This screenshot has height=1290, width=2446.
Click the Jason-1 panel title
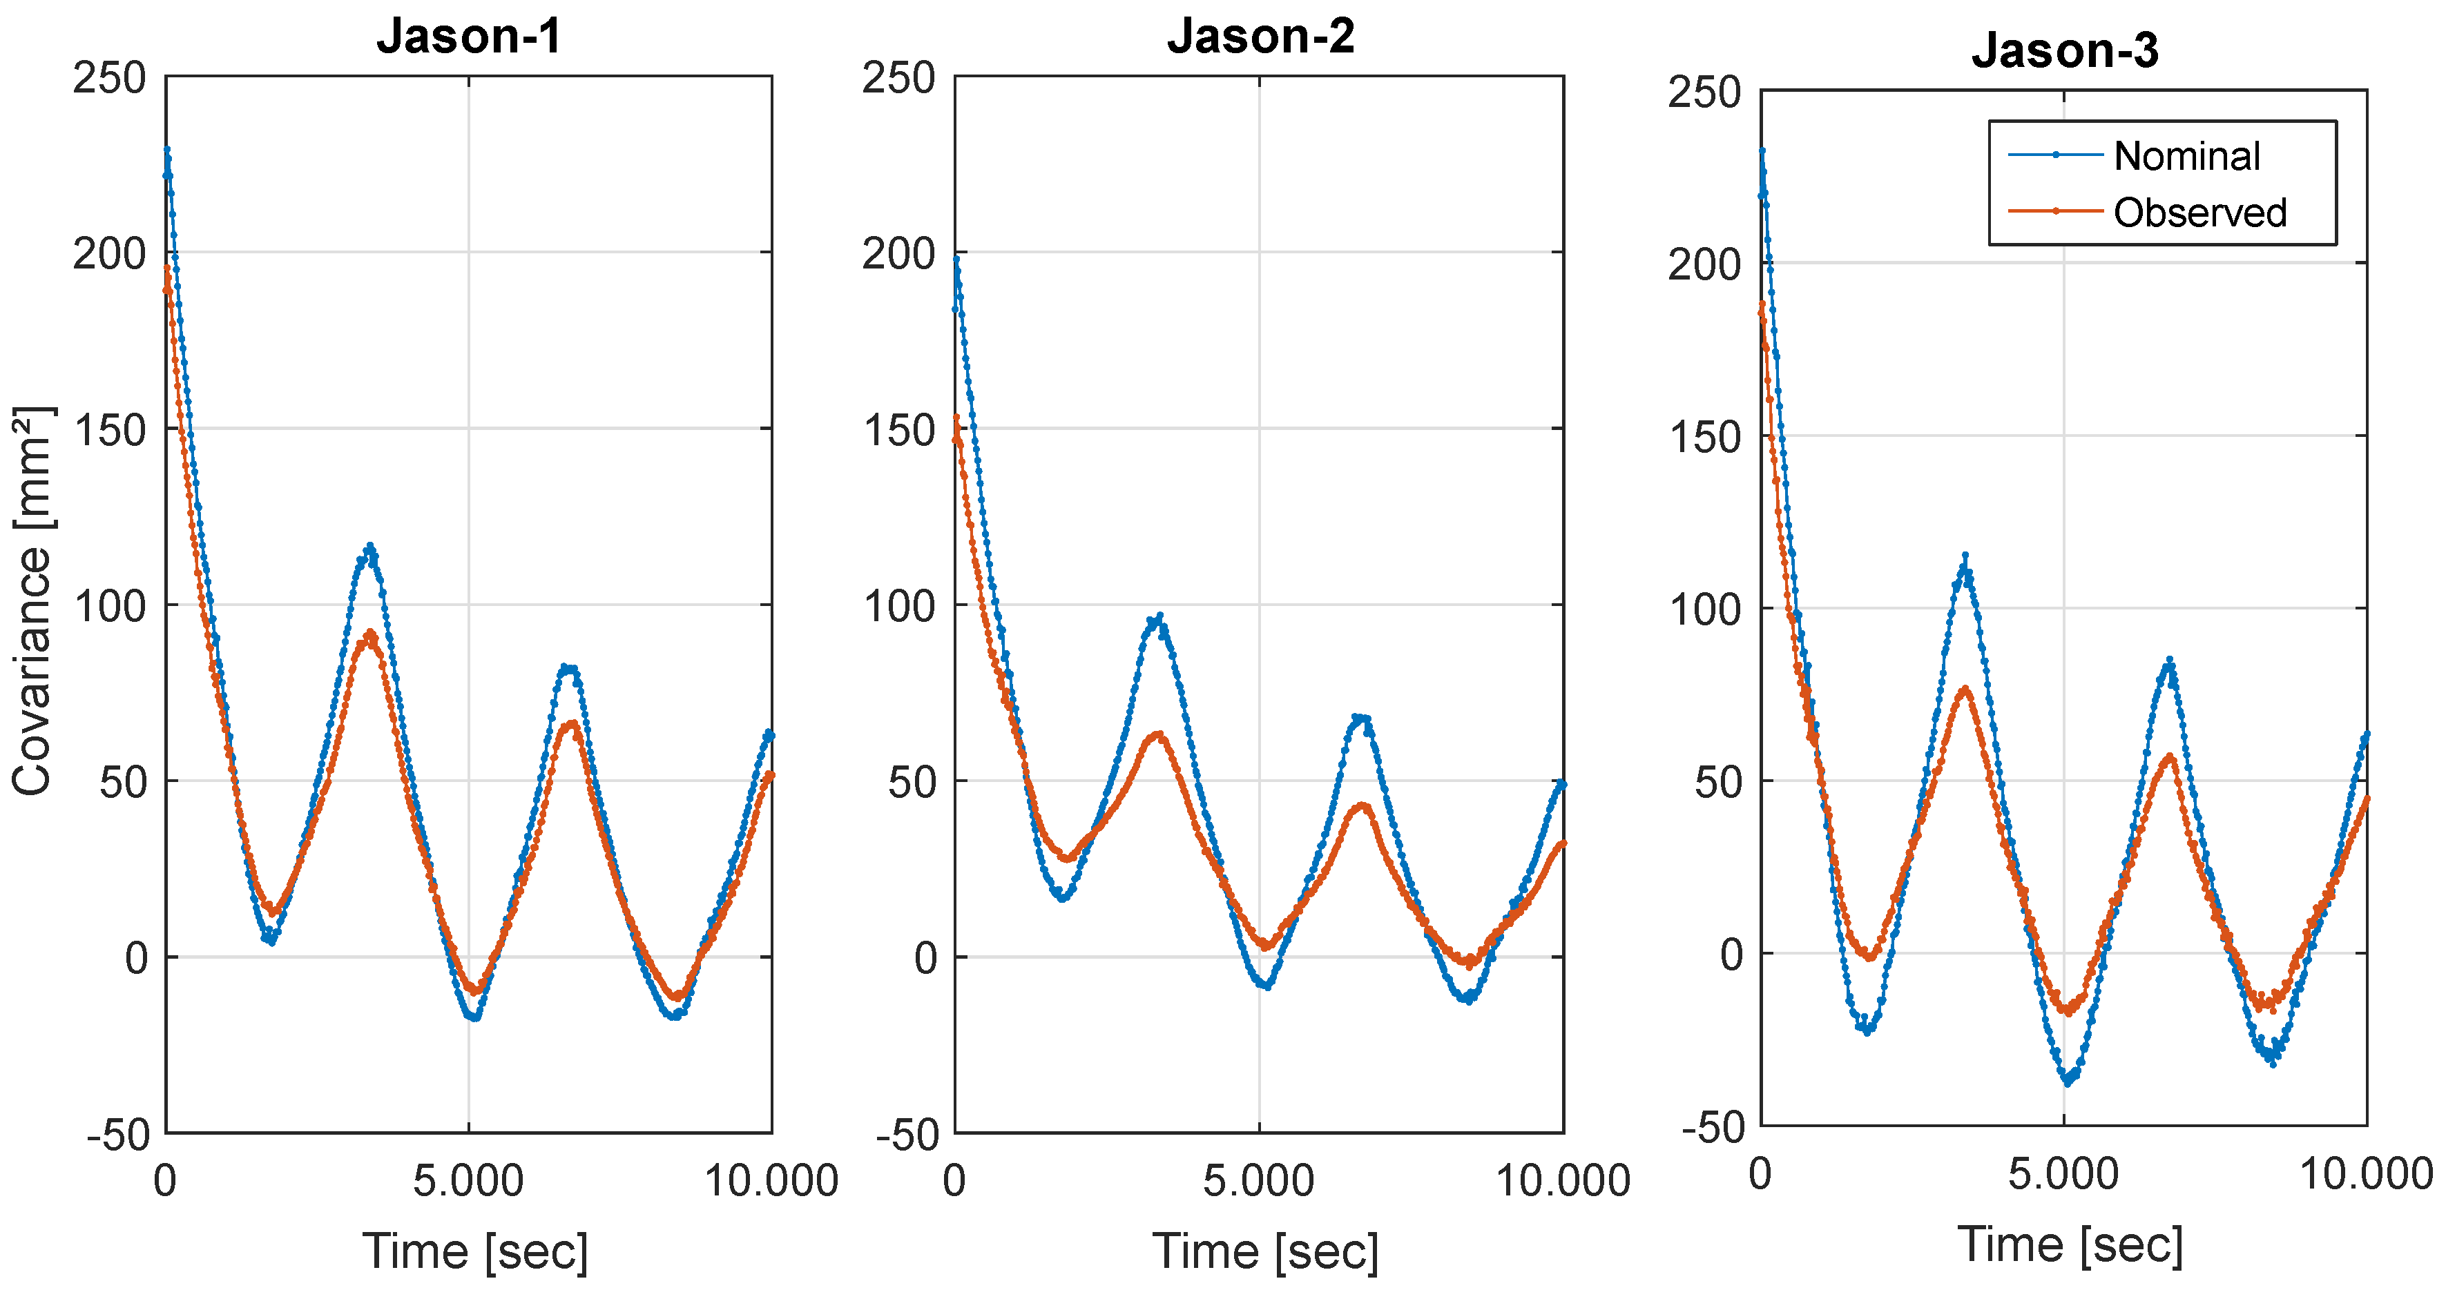click(469, 36)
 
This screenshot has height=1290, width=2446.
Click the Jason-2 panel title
click(1260, 36)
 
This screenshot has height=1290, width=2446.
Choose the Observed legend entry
click(2199, 213)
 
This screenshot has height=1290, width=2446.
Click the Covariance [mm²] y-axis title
click(32, 602)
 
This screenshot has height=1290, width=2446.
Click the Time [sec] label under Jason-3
click(2070, 1244)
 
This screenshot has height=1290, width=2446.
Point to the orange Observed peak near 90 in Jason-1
click(369, 632)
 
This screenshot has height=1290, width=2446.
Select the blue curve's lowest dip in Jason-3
click(2067, 1081)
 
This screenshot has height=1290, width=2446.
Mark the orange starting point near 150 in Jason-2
click(956, 417)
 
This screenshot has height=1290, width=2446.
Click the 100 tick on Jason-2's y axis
click(898, 605)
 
